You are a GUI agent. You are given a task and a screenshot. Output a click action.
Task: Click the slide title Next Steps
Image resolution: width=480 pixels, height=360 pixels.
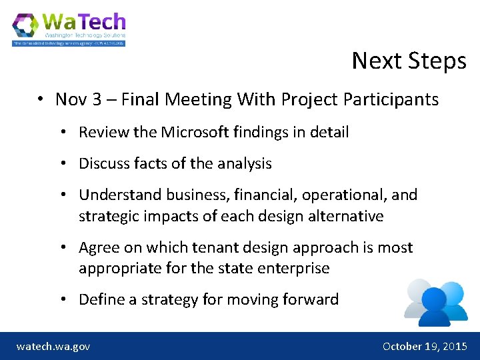coord(409,61)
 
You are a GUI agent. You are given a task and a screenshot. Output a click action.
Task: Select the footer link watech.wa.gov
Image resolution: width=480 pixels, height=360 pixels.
coord(53,346)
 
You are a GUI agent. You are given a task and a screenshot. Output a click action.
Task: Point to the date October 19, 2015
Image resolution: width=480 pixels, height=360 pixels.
coord(425,346)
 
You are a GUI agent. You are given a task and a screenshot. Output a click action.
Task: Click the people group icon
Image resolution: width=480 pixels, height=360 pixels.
coord(436,301)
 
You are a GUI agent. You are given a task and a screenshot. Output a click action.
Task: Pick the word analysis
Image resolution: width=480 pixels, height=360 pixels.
coord(243,163)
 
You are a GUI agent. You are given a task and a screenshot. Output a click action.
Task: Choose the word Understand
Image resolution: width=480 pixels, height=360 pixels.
coord(120,195)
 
